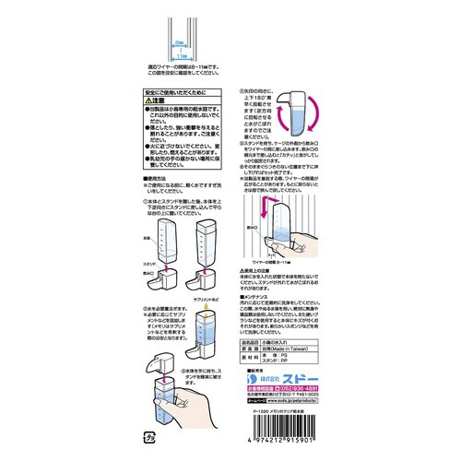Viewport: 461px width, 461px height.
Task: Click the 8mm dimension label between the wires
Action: point(180,42)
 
